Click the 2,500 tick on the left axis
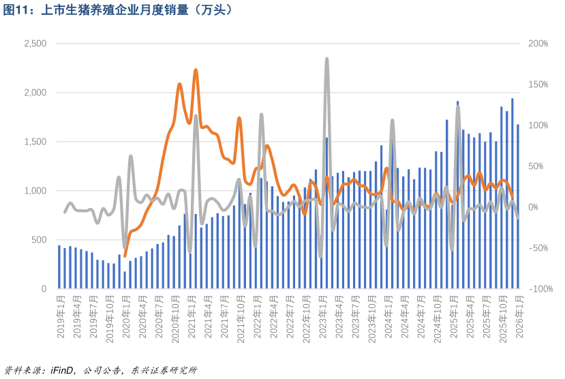pyautogui.click(x=35, y=44)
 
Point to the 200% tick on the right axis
pyautogui.click(x=538, y=44)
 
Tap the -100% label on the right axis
pyautogui.click(x=540, y=288)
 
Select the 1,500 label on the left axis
pyautogui.click(x=35, y=142)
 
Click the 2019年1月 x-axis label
pyautogui.click(x=61, y=317)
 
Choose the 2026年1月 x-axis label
pyautogui.click(x=519, y=317)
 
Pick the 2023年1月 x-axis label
pyautogui.click(x=323, y=317)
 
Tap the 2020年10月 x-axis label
pyautogui.click(x=175, y=319)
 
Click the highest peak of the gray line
pyautogui.click(x=327, y=59)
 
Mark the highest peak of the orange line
pyautogui.click(x=196, y=70)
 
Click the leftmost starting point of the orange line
pyautogui.click(x=125, y=256)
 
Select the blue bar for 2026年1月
pyautogui.click(x=518, y=207)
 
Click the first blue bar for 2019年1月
pyautogui.click(x=59, y=267)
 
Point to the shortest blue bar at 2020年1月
pyautogui.click(x=125, y=280)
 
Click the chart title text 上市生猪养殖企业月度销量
pyautogui.click(x=114, y=10)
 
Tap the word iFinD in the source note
pyautogui.click(x=63, y=370)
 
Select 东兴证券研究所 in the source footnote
pyautogui.click(x=164, y=370)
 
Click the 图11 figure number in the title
pyautogui.click(x=16, y=10)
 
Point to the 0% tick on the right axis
pyautogui.click(x=533, y=207)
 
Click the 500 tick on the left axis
pyautogui.click(x=39, y=239)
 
